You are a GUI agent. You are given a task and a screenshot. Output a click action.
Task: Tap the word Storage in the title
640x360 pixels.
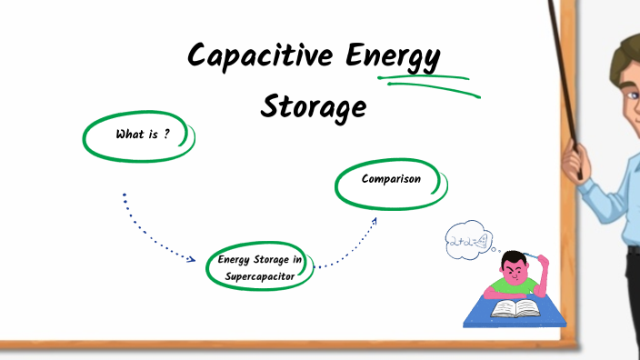coord(314,106)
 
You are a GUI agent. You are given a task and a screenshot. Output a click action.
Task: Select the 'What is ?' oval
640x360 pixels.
coord(139,135)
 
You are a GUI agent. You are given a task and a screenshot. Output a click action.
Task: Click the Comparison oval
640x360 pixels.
coord(391,180)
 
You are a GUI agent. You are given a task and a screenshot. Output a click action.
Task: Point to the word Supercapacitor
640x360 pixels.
coord(260,276)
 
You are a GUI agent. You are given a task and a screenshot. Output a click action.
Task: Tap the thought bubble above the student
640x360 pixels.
coord(467,242)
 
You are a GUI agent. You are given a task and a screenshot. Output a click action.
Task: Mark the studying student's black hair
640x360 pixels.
coord(515,259)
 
